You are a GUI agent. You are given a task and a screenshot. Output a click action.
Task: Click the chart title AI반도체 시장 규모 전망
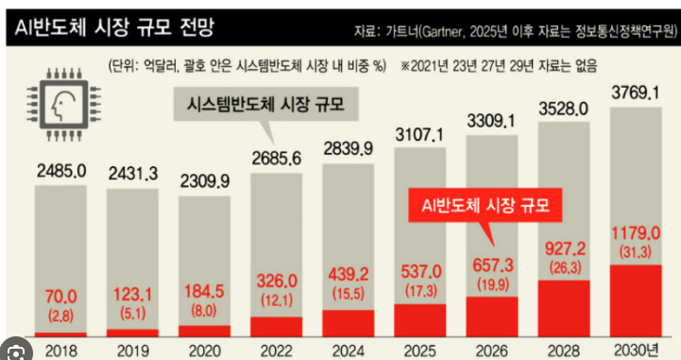(x=114, y=27)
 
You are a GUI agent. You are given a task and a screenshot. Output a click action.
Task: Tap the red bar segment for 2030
(x=636, y=300)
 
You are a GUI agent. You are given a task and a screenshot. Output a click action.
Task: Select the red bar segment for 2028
(x=564, y=308)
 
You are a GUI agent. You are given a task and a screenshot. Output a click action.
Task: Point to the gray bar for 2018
(x=60, y=259)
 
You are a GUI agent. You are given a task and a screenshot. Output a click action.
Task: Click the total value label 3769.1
(x=636, y=93)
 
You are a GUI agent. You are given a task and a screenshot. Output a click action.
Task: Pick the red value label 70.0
(x=60, y=297)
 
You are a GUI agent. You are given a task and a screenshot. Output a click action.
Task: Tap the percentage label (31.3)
(x=636, y=252)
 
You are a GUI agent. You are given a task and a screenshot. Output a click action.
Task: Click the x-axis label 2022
(x=277, y=351)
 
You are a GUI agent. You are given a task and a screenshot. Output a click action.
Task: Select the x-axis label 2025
(x=420, y=351)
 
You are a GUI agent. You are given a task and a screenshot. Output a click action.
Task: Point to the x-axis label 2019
(x=133, y=351)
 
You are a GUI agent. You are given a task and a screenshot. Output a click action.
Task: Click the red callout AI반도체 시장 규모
(x=485, y=205)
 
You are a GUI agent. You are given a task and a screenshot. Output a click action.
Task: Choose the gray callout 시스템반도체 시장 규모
(x=265, y=104)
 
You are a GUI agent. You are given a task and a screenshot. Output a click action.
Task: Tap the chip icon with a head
(x=64, y=105)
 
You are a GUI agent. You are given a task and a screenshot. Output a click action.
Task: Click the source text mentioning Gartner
(x=516, y=32)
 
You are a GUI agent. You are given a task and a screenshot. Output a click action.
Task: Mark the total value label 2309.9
(x=205, y=181)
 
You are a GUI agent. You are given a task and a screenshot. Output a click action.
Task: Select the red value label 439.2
(x=349, y=274)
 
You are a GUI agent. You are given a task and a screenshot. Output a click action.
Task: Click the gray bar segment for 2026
(x=492, y=215)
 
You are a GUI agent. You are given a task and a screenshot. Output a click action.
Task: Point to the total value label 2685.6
(x=277, y=159)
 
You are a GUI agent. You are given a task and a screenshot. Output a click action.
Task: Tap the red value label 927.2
(x=565, y=249)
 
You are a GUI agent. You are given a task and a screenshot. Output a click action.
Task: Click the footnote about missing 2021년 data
(x=499, y=66)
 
